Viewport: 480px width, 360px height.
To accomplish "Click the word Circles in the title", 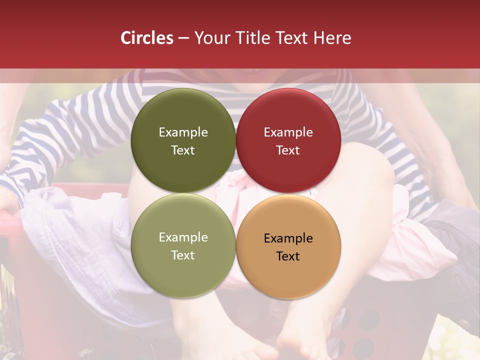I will coord(147,38).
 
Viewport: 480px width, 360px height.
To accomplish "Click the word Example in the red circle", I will coord(288,132).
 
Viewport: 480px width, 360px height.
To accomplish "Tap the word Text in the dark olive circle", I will coord(183,150).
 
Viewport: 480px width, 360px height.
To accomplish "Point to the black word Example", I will coord(288,238).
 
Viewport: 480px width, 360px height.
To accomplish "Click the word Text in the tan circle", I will coord(288,256).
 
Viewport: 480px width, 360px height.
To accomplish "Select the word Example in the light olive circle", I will coord(183,237).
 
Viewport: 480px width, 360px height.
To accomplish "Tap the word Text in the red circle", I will coord(288,150).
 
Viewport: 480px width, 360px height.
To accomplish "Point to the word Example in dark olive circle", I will coord(183,132).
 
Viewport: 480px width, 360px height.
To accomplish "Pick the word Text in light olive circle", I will coord(183,255).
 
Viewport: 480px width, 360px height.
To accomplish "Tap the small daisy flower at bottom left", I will coord(86,352).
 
